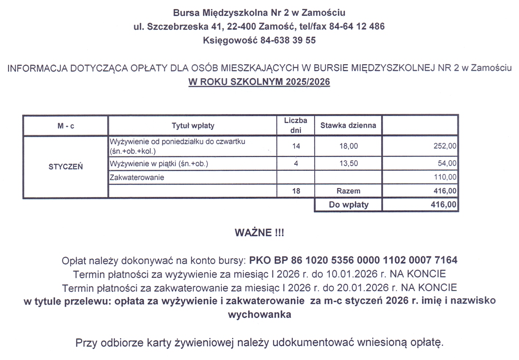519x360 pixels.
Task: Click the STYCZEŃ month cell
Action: pos(66,167)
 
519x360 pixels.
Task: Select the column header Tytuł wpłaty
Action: pos(193,126)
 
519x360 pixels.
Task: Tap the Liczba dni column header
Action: pos(295,125)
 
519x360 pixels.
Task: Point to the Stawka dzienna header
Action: pos(348,126)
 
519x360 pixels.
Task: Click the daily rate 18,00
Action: pos(348,146)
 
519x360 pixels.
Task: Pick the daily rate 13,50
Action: pos(348,163)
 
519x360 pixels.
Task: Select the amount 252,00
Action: pos(445,146)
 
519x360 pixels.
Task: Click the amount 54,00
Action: pos(447,163)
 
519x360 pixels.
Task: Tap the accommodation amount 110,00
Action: pos(445,177)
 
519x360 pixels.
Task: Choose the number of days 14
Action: pos(296,146)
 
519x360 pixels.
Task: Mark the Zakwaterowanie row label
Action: pos(137,178)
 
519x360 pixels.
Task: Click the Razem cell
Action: pos(348,191)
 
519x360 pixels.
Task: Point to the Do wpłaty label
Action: pos(348,205)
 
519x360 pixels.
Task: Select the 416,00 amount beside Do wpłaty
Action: pos(443,205)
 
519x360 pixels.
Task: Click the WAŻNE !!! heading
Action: pos(259,233)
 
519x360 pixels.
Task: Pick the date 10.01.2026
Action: pos(352,274)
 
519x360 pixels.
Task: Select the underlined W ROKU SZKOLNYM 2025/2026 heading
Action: pos(259,82)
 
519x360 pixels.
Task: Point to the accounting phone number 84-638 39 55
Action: pos(288,40)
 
